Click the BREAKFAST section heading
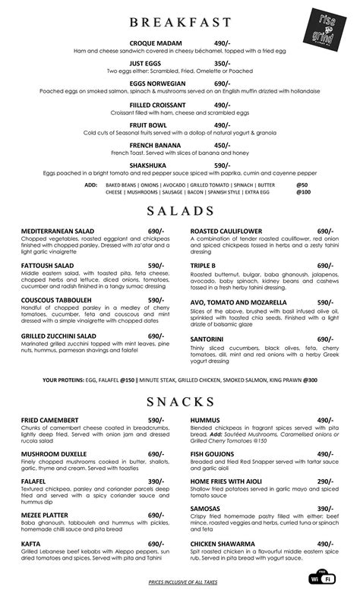[179, 21]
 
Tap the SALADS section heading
[179, 210]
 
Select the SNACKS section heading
[179, 400]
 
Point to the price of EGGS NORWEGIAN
[222, 84]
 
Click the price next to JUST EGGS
[222, 64]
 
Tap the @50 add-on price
[302, 185]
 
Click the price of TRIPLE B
[326, 266]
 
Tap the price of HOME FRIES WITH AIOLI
[326, 481]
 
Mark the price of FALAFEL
[156, 481]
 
